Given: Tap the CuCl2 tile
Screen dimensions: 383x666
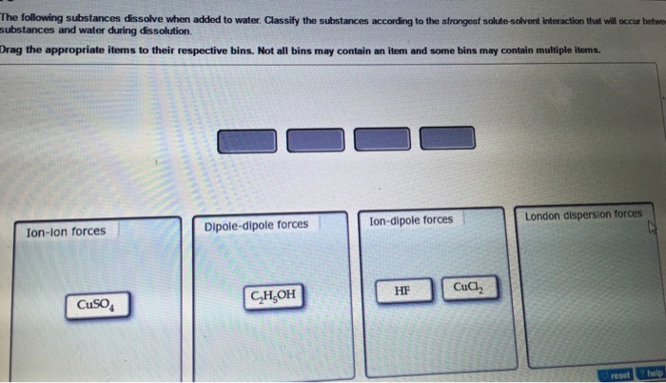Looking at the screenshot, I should (469, 287).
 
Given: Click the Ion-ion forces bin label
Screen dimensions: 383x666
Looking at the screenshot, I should (67, 231).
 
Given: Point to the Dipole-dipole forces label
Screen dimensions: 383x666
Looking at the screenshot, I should (256, 225).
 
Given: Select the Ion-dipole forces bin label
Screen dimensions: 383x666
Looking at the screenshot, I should (411, 220).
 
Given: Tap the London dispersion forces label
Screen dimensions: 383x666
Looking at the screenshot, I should (583, 214).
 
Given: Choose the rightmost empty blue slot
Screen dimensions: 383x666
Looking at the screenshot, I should (448, 137).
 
